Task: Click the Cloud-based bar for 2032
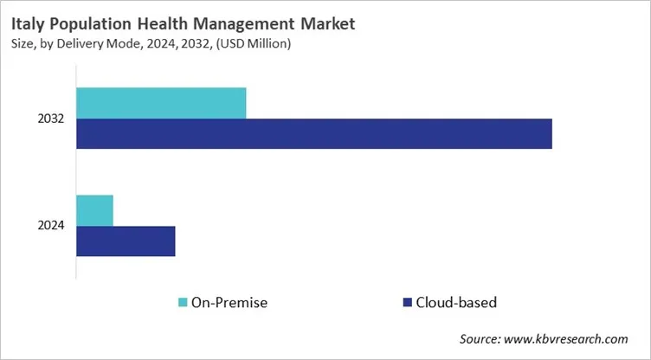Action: click(x=313, y=134)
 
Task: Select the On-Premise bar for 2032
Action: click(x=161, y=103)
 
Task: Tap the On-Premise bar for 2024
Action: click(x=94, y=210)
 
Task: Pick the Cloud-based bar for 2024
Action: click(x=126, y=241)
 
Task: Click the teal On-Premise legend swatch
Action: click(x=184, y=302)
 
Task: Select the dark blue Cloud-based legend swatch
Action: click(x=407, y=302)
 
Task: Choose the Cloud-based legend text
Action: click(x=456, y=302)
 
